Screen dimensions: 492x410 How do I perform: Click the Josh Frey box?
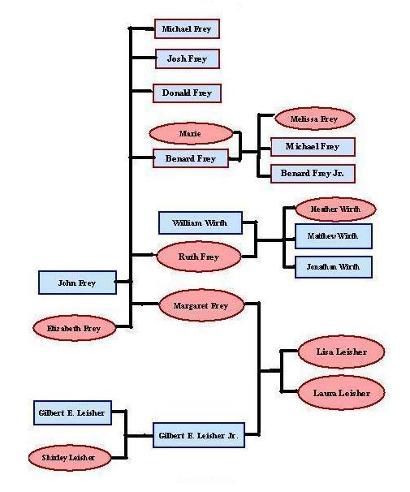[x=188, y=58]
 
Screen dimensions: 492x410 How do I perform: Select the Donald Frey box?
[x=188, y=93]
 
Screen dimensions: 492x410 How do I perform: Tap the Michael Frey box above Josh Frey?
[x=187, y=29]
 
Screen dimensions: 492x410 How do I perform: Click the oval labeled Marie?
[x=191, y=132]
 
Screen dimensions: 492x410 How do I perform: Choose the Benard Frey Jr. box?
[x=313, y=174]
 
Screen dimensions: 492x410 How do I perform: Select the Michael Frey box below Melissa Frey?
[x=313, y=147]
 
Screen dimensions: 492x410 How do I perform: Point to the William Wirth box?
[x=200, y=222]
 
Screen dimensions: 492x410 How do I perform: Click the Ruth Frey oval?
[x=199, y=257]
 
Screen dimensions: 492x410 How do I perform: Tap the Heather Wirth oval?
[x=334, y=209]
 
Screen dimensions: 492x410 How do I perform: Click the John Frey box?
[x=76, y=283]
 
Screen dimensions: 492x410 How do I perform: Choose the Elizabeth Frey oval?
[x=74, y=328]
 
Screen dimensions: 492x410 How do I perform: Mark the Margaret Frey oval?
[x=201, y=305]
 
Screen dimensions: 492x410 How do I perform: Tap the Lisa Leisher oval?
[x=339, y=352]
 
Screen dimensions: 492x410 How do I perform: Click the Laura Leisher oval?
[x=341, y=393]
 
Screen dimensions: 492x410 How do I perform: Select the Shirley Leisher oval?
[x=69, y=458]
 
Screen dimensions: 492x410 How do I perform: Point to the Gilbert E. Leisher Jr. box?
[x=199, y=436]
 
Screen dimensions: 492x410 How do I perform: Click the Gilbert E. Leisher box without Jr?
[x=71, y=413]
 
